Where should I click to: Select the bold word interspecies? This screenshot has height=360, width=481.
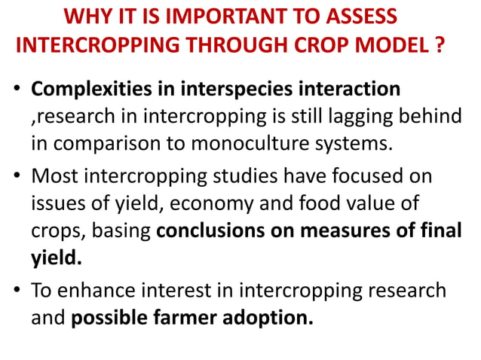pyautogui.click(x=225, y=89)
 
